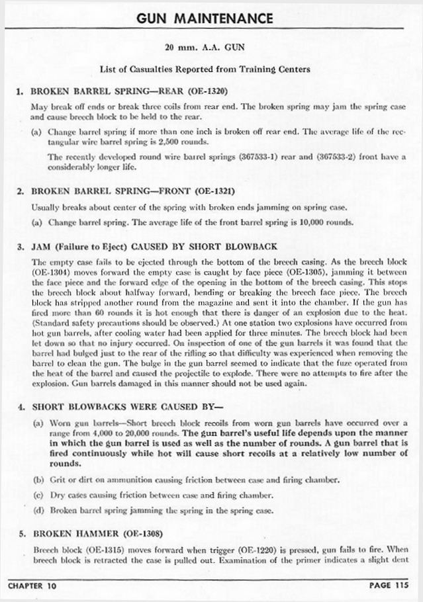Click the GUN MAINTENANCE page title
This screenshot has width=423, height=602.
205,18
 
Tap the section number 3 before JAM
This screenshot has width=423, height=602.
21,247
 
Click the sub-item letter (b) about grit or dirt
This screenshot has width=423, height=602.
38,480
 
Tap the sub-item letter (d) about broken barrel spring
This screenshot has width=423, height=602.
38,510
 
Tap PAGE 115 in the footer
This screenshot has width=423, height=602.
389,585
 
